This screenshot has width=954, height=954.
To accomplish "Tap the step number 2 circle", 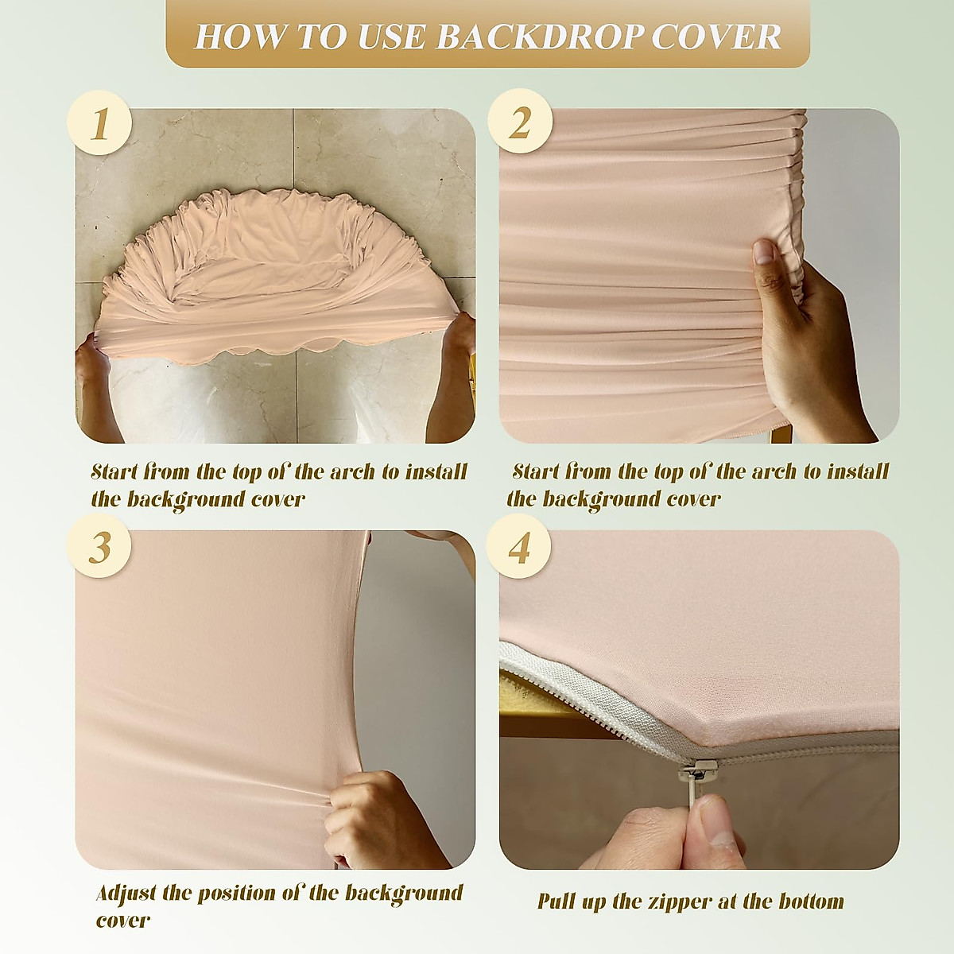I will coord(521,123).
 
